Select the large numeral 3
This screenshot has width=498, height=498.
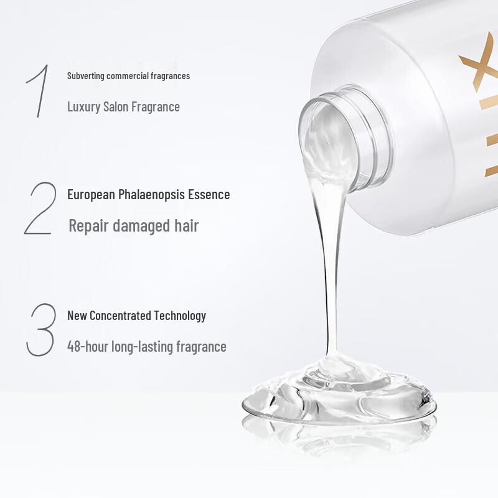[x=41, y=330]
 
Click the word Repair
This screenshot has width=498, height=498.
[x=88, y=226]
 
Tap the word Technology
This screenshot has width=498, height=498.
[x=181, y=316]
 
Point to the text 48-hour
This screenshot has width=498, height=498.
[x=87, y=347]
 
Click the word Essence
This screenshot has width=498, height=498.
[x=210, y=195]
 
